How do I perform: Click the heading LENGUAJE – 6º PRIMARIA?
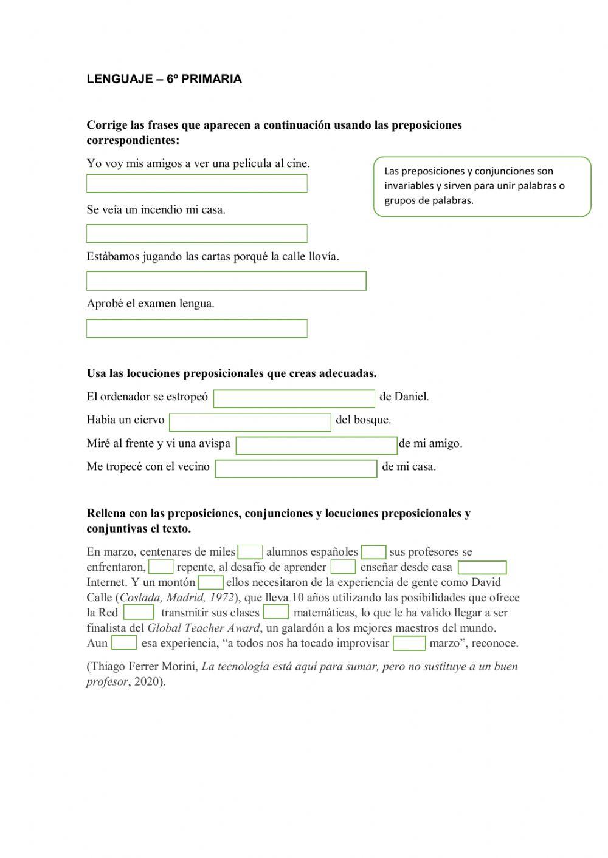click(x=164, y=79)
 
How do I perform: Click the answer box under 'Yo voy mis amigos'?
click(x=196, y=183)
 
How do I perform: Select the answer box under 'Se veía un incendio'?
click(x=196, y=234)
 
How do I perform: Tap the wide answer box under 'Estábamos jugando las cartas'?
click(x=226, y=281)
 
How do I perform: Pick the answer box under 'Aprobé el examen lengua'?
click(x=196, y=329)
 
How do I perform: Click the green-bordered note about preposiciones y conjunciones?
click(x=482, y=186)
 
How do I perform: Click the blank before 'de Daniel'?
click(x=294, y=398)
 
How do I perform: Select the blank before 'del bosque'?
click(x=250, y=422)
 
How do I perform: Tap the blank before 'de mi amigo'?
click(x=316, y=446)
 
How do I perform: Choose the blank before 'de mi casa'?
click(x=295, y=469)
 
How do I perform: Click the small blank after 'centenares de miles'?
click(x=250, y=552)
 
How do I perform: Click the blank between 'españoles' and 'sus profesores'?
click(x=373, y=552)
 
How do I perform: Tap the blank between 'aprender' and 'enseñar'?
click(x=343, y=567)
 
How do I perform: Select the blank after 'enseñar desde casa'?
click(x=482, y=568)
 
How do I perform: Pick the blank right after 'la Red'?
click(x=139, y=613)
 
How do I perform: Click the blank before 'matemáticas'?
click(x=275, y=612)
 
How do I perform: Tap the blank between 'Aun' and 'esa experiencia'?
click(x=124, y=643)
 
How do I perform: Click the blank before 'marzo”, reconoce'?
click(x=409, y=643)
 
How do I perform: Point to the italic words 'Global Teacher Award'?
click(x=203, y=628)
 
